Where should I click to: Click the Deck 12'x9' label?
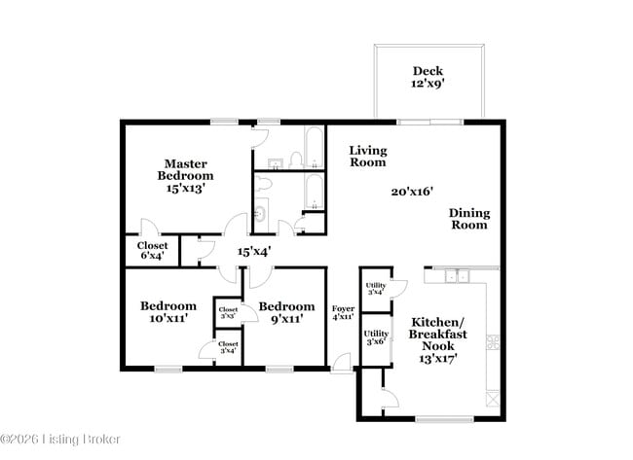(x=428, y=77)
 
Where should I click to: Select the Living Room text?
(x=368, y=156)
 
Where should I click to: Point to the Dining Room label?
(x=468, y=219)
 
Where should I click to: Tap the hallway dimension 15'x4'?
(x=254, y=251)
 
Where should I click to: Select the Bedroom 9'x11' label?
(x=287, y=311)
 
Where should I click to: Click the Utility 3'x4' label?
(x=375, y=290)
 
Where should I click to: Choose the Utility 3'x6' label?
(x=376, y=337)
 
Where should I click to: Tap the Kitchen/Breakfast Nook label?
(x=437, y=339)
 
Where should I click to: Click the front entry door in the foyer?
(x=341, y=364)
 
